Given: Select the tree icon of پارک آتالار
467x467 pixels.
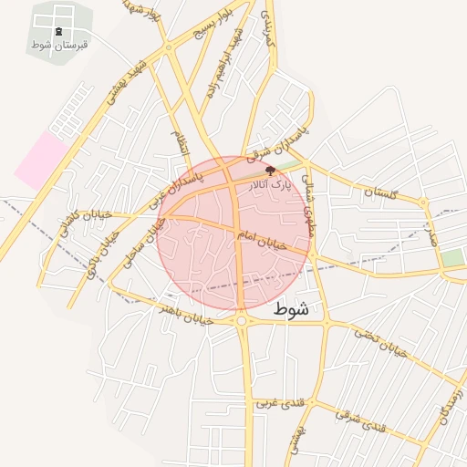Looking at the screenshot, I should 269,170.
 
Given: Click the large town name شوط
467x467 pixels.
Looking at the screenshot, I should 291,310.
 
